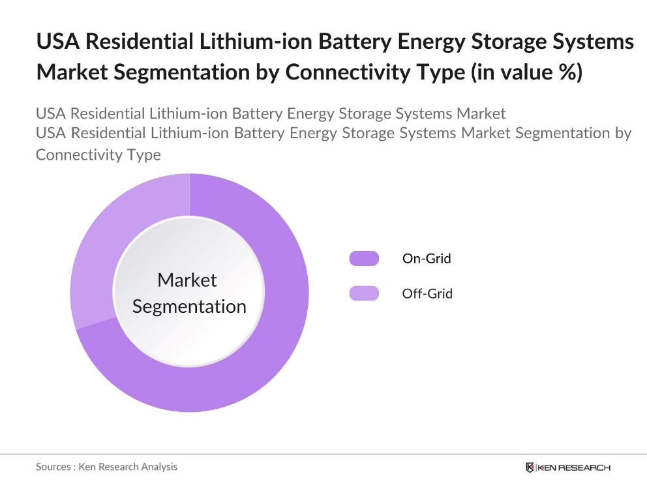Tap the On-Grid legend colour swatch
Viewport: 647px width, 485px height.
pos(363,258)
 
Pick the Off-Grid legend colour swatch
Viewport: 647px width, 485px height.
pos(363,293)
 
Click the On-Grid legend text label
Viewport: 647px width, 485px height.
pos(427,258)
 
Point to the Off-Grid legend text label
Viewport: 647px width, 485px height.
pos(427,293)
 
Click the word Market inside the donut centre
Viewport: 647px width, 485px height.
pos(187,280)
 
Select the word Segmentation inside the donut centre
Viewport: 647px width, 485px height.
pos(189,306)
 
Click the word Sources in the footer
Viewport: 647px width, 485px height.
pos(53,467)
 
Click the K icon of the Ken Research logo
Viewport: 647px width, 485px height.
pos(530,467)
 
